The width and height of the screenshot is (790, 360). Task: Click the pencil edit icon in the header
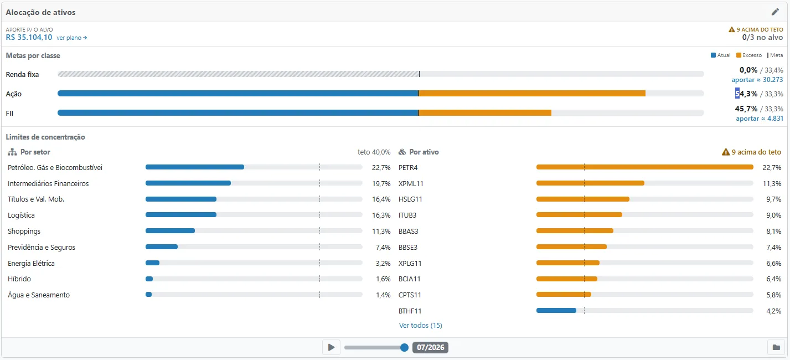click(x=775, y=12)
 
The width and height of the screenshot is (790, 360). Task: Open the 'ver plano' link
click(x=71, y=38)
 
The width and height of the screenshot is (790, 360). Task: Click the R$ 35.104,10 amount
click(x=29, y=38)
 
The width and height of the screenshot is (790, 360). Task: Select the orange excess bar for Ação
click(x=532, y=94)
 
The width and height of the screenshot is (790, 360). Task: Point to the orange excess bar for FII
click(x=485, y=113)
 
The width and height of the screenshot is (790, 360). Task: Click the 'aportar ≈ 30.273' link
click(x=757, y=80)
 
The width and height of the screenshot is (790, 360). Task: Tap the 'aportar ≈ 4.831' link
click(x=760, y=119)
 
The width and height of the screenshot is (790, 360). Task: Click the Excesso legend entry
click(x=749, y=55)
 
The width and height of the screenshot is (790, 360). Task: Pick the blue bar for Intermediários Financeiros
click(x=188, y=183)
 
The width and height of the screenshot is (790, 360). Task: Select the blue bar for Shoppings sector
click(x=170, y=231)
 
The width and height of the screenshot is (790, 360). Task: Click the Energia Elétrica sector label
click(x=31, y=263)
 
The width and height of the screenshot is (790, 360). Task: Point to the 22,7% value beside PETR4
click(x=772, y=168)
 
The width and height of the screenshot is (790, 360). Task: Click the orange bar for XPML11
click(x=590, y=183)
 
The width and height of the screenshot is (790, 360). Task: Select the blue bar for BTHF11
click(x=556, y=311)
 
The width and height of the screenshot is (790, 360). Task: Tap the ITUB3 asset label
click(x=407, y=215)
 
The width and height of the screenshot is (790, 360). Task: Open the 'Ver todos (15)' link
click(x=420, y=326)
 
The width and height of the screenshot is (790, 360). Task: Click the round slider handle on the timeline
click(x=404, y=348)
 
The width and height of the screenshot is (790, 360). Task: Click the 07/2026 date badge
click(x=430, y=348)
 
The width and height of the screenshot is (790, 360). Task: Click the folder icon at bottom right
click(x=776, y=348)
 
